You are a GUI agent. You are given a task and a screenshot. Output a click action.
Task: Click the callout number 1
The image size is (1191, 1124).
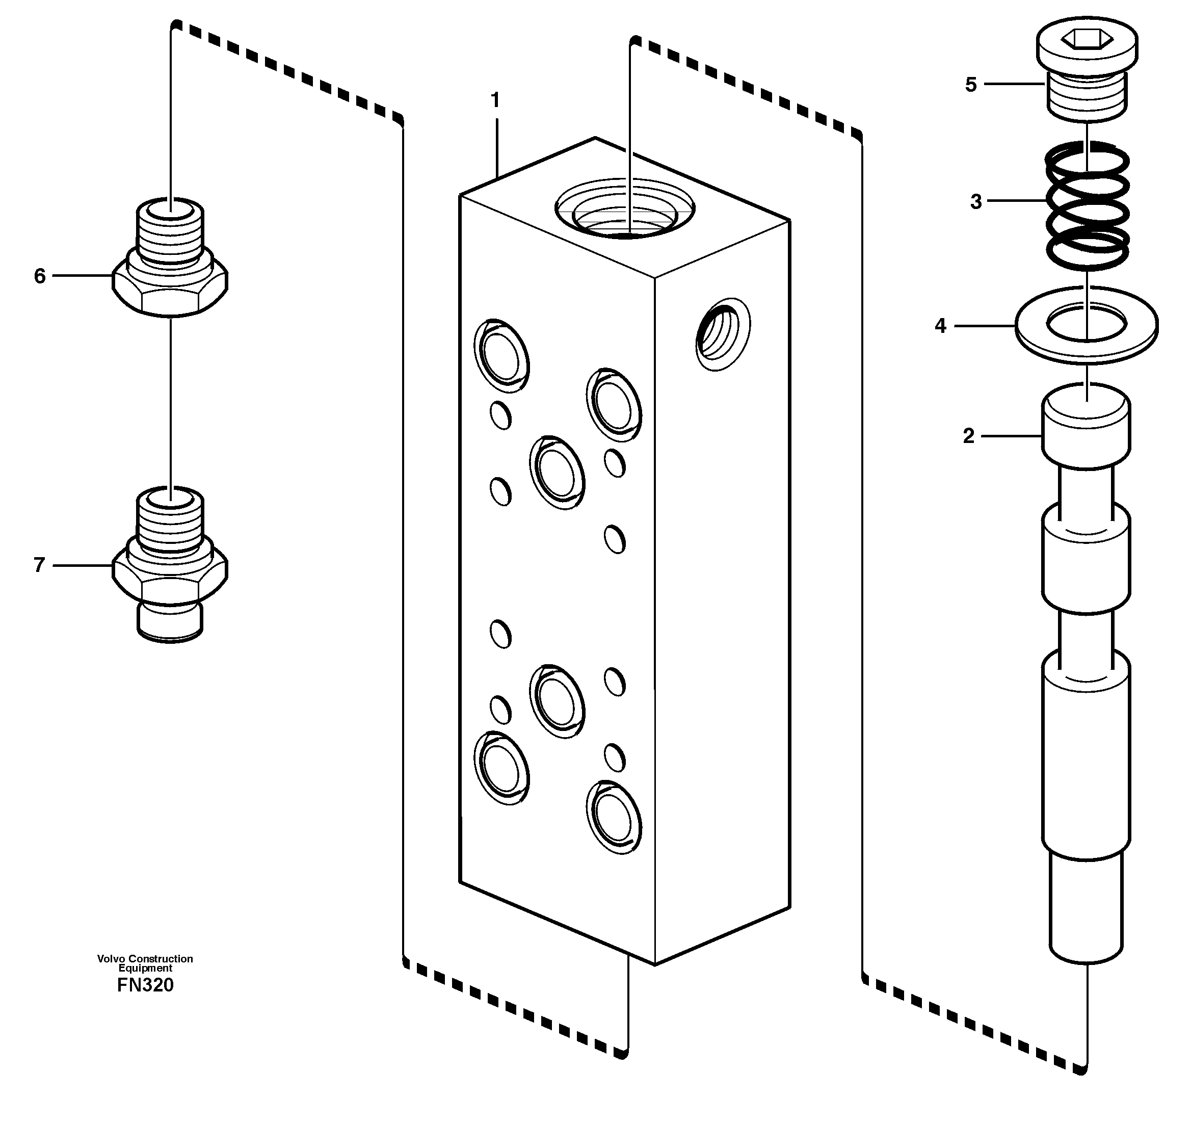tap(495, 100)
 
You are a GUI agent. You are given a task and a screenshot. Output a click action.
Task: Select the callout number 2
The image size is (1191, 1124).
tap(968, 436)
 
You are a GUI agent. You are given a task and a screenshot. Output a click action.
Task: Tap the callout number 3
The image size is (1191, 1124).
tap(976, 202)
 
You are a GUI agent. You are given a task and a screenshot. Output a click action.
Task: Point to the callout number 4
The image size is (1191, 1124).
tap(940, 326)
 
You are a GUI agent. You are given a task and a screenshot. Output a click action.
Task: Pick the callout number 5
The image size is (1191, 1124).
tap(970, 85)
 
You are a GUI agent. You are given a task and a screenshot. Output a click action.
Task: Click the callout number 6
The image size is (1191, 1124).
tap(40, 276)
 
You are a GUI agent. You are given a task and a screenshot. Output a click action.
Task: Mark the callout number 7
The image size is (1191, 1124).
tap(40, 564)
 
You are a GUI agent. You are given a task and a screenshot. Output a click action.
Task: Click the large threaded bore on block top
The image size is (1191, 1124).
tap(624, 210)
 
